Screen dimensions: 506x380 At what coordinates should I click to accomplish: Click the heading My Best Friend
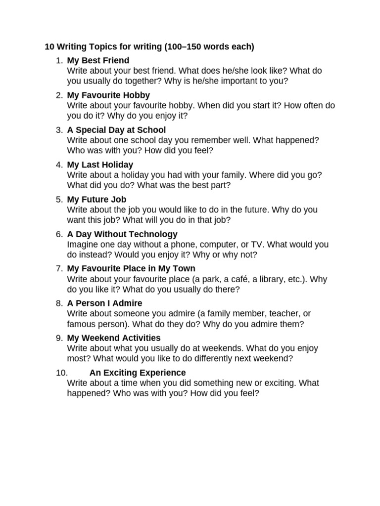tap(98, 61)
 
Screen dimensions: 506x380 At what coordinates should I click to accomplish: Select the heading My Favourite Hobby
tap(108, 95)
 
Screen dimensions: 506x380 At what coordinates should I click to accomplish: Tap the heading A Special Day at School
tap(116, 130)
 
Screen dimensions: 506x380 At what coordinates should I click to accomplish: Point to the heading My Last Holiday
tap(100, 165)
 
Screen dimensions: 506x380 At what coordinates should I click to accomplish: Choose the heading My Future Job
tap(96, 199)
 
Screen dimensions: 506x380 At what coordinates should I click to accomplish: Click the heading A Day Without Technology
tap(122, 234)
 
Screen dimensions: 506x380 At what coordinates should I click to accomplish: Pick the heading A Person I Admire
tap(104, 303)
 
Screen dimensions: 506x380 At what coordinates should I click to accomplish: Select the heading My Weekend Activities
tap(114, 338)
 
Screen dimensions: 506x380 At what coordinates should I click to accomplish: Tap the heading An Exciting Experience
tap(138, 373)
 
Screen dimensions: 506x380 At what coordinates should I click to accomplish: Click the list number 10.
tap(58, 373)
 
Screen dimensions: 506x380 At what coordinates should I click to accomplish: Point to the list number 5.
tap(59, 199)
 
